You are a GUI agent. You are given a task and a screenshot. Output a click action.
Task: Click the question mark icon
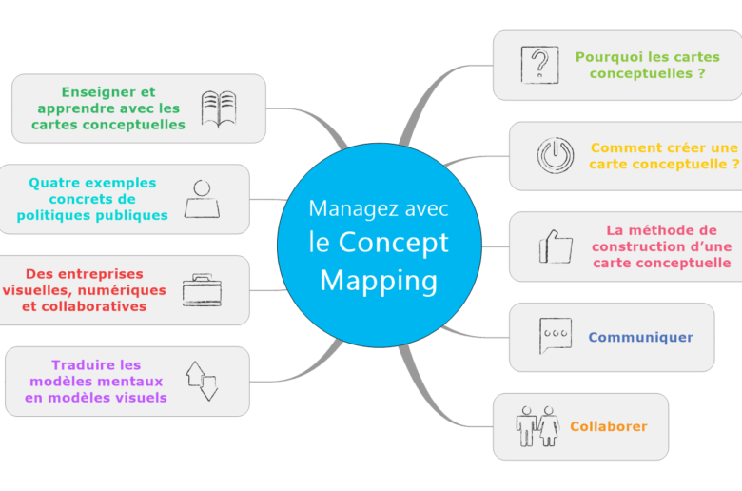pyautogui.click(x=539, y=65)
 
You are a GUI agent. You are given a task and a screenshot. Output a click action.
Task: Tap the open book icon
pyautogui.click(x=219, y=108)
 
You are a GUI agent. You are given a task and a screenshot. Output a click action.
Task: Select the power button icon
pyautogui.click(x=556, y=155)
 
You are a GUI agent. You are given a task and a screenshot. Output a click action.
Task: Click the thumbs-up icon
pyautogui.click(x=556, y=246)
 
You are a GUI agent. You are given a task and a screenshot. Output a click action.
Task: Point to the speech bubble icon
pyautogui.click(x=556, y=336)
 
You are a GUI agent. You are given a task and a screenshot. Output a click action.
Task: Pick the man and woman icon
pyautogui.click(x=537, y=426)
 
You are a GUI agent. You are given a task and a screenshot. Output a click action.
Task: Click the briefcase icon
pyautogui.click(x=202, y=290)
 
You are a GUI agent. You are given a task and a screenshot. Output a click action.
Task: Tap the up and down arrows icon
pyautogui.click(x=202, y=382)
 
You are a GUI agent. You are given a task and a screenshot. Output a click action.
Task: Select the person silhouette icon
pyautogui.click(x=202, y=199)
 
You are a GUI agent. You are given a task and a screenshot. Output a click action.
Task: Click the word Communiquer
pyautogui.click(x=641, y=337)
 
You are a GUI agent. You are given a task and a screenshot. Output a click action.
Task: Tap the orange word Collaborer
pyautogui.click(x=609, y=426)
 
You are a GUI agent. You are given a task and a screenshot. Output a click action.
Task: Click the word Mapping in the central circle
pyautogui.click(x=379, y=282)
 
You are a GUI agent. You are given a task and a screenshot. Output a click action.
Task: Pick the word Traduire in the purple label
pyautogui.click(x=84, y=365)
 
